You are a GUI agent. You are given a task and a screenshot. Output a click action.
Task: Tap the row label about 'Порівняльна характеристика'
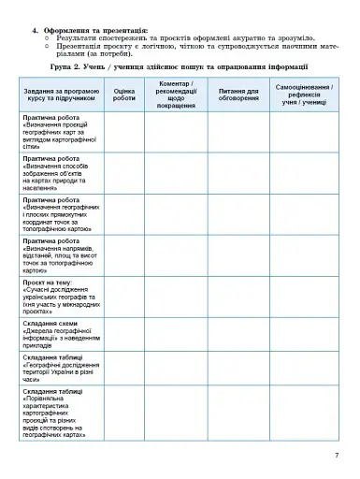60,413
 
